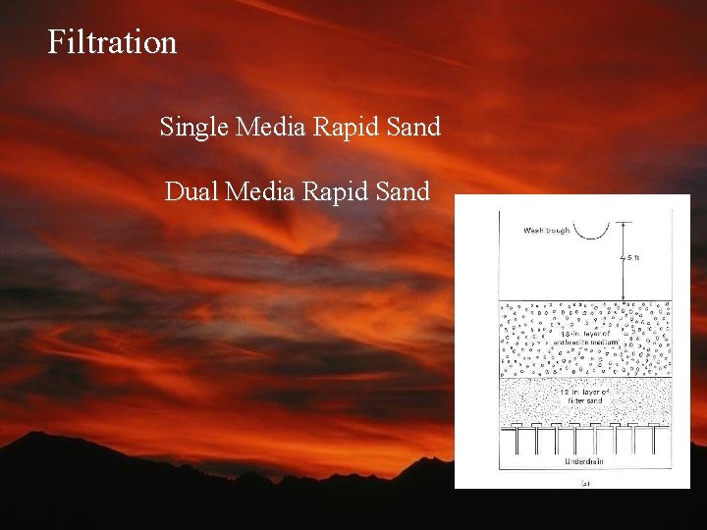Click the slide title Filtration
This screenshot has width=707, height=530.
(x=112, y=42)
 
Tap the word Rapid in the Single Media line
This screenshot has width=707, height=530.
(x=337, y=128)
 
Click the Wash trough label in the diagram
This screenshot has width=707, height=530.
(x=545, y=232)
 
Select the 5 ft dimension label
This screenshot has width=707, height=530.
(x=633, y=258)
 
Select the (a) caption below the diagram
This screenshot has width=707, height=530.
(x=585, y=481)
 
